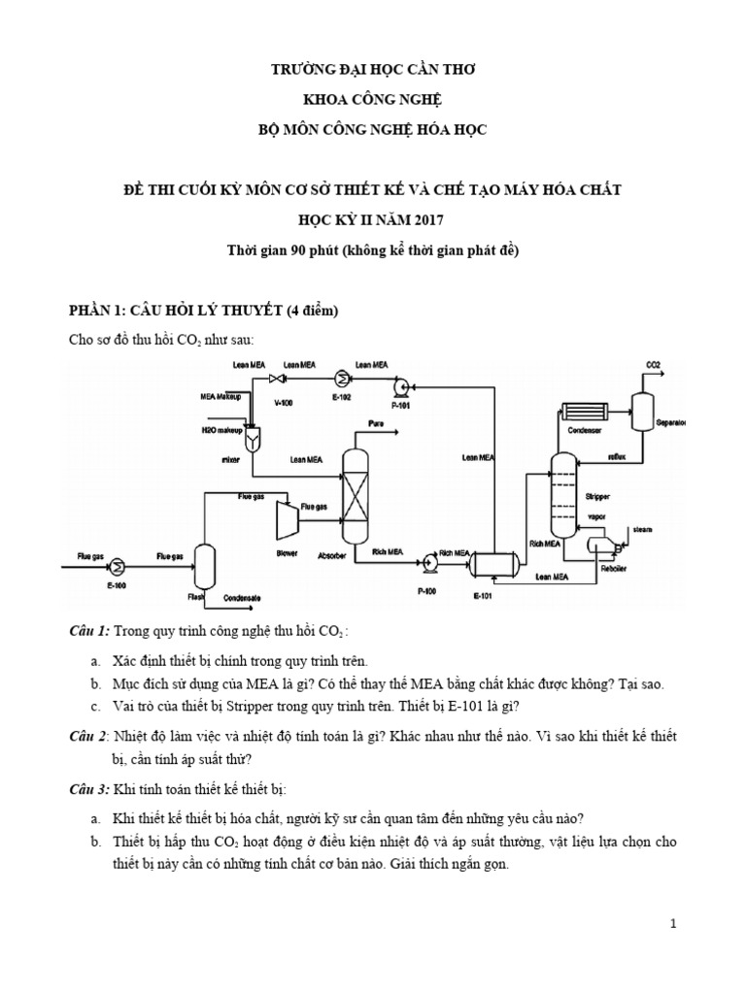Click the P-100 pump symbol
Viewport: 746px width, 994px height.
[x=427, y=560]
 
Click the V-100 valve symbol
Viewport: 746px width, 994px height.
[x=277, y=378]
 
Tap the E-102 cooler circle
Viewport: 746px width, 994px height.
[x=341, y=378]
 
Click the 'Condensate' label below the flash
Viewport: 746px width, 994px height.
[x=242, y=599]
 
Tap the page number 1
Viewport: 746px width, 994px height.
[x=672, y=925]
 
